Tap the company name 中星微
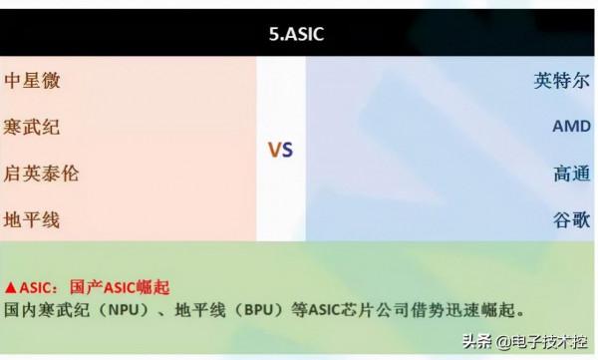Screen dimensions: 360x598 [32, 81]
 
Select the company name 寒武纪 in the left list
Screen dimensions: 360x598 [32, 128]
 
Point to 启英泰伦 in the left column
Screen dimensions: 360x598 [41, 174]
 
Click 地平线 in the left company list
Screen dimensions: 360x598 [32, 219]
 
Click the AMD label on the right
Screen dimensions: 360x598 [571, 128]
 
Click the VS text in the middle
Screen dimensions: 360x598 [280, 151]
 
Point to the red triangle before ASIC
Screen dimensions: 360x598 [10, 287]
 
